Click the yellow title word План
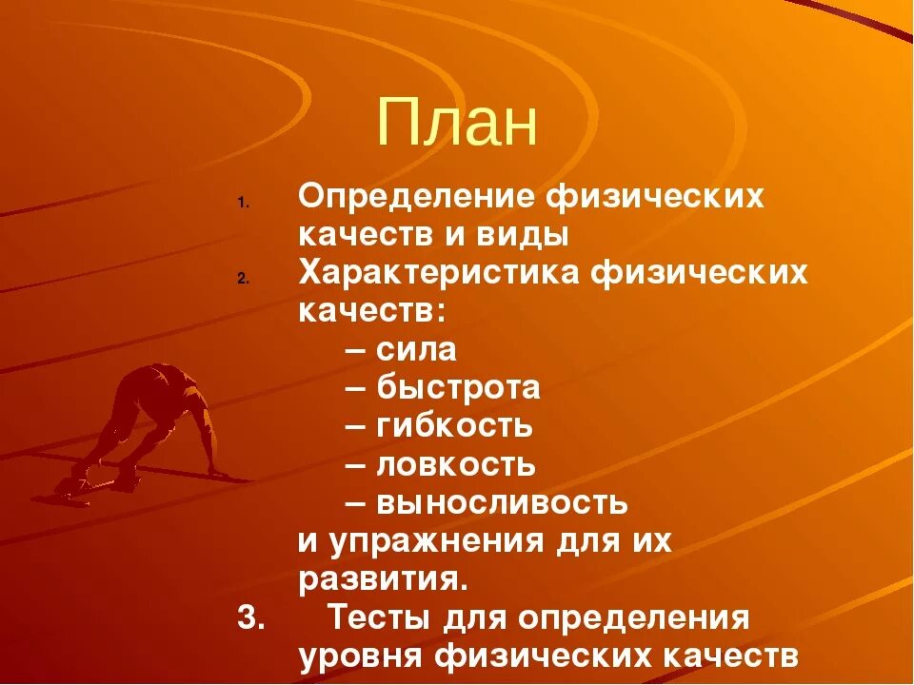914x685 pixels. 457,123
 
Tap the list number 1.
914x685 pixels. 243,204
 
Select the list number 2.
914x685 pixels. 243,279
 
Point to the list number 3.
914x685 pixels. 250,617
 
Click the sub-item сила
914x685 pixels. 416,350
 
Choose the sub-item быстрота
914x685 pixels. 458,388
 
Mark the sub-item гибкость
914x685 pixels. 454,426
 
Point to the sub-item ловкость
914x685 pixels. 455,465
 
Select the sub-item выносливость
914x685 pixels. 502,502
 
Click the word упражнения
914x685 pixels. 437,541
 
